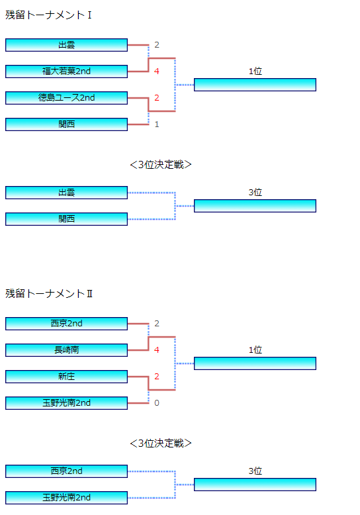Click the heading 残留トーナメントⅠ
click(x=48, y=15)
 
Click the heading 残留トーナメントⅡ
click(x=49, y=294)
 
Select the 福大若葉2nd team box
click(x=66, y=71)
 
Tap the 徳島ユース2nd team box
click(x=66, y=98)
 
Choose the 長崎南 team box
click(x=66, y=350)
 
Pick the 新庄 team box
click(x=66, y=377)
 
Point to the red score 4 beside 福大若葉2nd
click(x=157, y=71)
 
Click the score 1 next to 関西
click(x=157, y=124)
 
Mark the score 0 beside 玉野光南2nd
click(x=157, y=403)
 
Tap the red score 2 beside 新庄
click(x=157, y=377)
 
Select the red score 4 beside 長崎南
click(x=157, y=350)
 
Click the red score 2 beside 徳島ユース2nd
click(x=157, y=98)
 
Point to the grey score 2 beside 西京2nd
click(x=157, y=324)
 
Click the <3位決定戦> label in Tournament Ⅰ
click(x=161, y=165)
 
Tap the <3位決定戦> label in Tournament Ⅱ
click(x=161, y=444)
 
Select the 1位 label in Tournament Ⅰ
click(x=255, y=71)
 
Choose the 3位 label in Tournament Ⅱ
click(x=255, y=471)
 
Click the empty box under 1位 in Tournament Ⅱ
click(x=255, y=363)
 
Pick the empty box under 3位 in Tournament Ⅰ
click(x=255, y=206)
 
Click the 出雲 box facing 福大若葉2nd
click(x=66, y=45)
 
